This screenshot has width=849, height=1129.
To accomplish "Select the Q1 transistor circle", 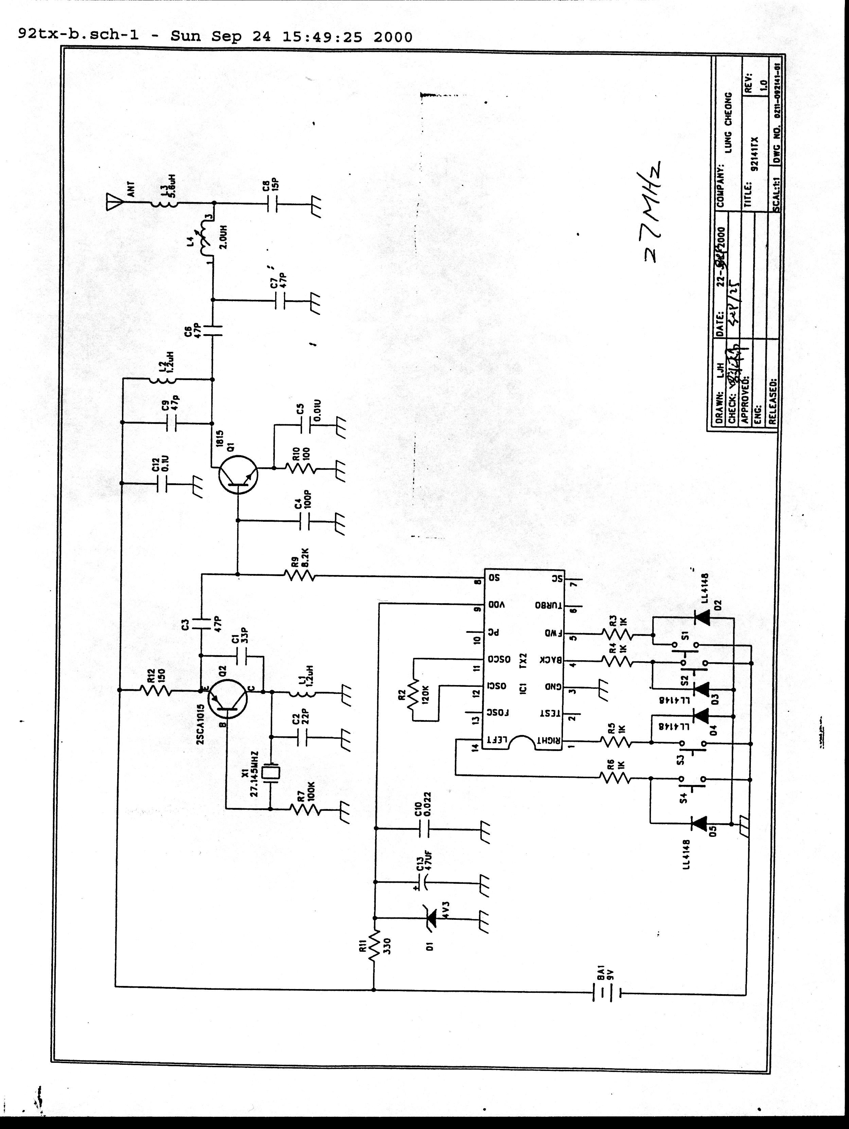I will tap(238, 474).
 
